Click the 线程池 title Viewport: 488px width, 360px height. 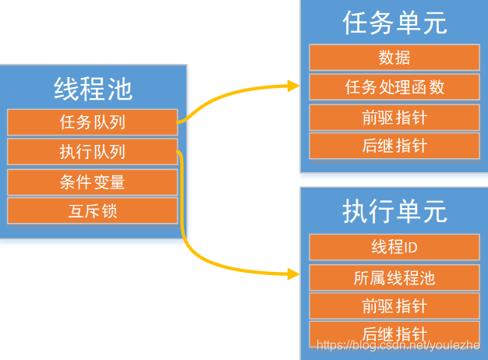[93, 88]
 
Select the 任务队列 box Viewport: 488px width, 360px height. [93, 122]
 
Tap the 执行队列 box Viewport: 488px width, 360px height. [93, 152]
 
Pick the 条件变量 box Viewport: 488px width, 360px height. [93, 182]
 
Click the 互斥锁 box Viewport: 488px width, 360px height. [93, 210]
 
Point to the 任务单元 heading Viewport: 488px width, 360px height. [394, 23]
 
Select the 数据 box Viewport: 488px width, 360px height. [394, 58]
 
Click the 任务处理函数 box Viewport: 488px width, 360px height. [394, 87]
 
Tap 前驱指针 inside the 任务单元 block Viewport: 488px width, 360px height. [394, 117]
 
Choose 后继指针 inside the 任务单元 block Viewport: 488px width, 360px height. [394, 146]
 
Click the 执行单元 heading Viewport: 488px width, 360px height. [394, 211]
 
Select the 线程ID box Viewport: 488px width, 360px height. [394, 247]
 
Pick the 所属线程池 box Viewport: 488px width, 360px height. [394, 277]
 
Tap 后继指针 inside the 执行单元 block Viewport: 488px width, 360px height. [394, 333]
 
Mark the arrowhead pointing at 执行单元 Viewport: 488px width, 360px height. [294, 274]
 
